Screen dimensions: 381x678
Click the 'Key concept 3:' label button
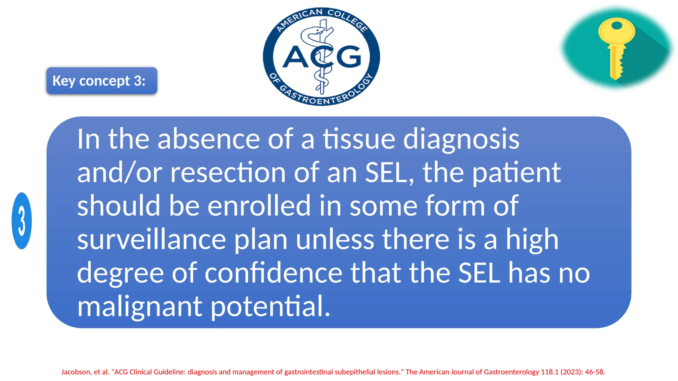102,81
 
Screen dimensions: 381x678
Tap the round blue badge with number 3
22,221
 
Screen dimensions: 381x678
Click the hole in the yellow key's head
616,25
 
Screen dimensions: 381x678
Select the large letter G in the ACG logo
349,57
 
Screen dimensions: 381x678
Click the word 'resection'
228,172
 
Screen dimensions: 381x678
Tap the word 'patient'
516,172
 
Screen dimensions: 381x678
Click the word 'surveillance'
152,239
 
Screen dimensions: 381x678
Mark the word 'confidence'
273,273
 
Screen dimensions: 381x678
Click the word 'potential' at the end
270,306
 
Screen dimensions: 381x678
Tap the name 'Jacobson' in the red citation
76,372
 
